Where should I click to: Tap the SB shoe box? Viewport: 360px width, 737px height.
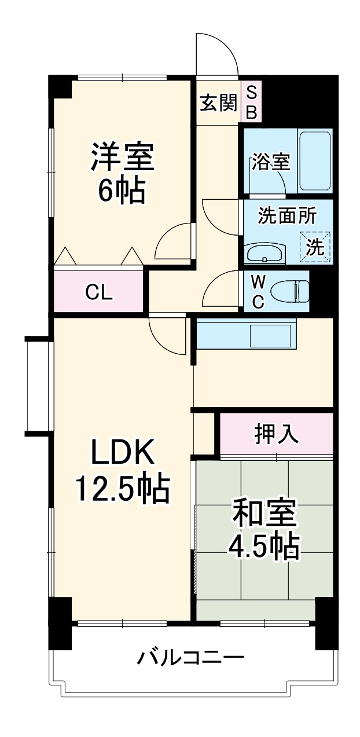(251, 102)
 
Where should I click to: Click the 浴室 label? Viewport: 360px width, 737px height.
(270, 163)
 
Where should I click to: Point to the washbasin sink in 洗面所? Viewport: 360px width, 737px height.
(265, 252)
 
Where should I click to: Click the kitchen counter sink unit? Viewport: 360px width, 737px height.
(246, 335)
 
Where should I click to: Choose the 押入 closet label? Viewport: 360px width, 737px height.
(277, 434)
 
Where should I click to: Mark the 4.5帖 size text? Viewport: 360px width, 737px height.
(265, 545)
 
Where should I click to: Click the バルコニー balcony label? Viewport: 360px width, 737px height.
(190, 658)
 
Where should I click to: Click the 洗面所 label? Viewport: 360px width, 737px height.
(286, 217)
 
